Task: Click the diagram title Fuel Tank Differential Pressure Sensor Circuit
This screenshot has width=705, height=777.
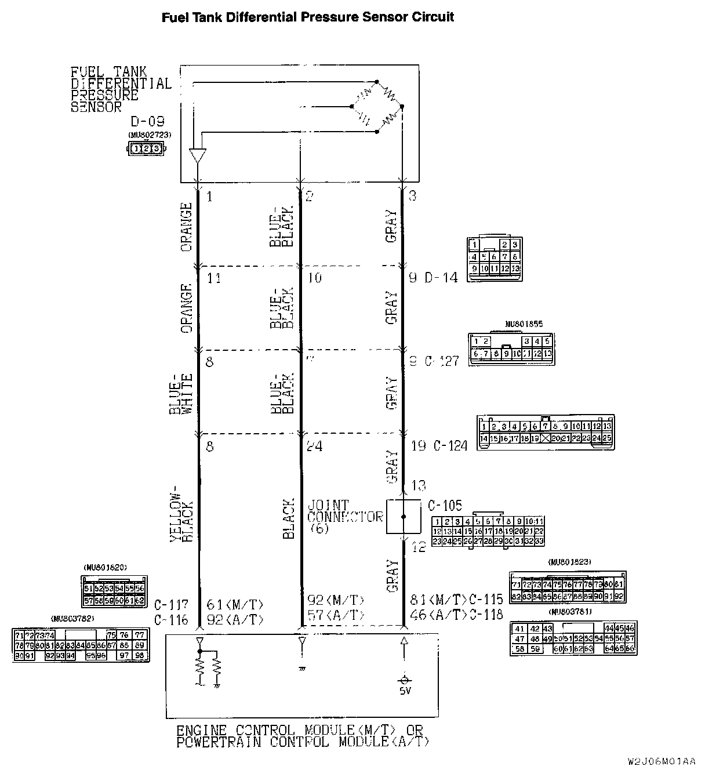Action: click(307, 17)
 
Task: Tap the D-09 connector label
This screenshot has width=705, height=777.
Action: click(147, 122)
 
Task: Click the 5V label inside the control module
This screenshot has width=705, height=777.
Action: click(404, 692)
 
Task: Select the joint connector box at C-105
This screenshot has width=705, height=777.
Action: click(404, 516)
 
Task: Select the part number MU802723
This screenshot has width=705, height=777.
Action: click(150, 135)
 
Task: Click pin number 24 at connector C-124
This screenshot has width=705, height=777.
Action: click(315, 446)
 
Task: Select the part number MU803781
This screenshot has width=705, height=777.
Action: click(572, 612)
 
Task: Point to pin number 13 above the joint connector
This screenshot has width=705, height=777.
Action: click(418, 485)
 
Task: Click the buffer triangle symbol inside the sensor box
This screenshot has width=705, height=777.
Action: click(198, 155)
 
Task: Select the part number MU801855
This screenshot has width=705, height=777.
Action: click(524, 324)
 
